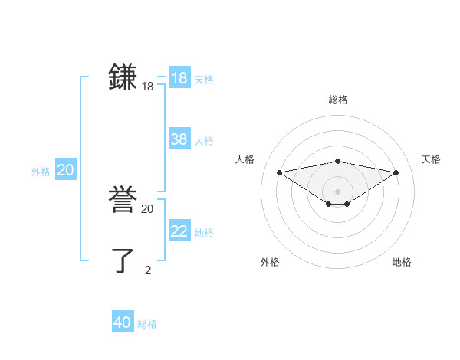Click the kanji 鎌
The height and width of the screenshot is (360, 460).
123,77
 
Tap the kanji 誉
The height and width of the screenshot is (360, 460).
123,200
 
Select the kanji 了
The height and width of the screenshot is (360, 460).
123,260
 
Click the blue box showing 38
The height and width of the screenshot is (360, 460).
179,139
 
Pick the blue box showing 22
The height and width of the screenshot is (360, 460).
179,231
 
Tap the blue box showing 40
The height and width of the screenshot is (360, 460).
123,322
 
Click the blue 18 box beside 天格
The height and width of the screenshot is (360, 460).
179,78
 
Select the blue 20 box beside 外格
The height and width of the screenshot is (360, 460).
66,170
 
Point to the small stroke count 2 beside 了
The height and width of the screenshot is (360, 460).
148,269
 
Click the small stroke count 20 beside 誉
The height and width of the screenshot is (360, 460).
148,208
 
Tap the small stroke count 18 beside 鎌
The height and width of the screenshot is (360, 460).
148,87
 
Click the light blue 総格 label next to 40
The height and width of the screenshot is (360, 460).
147,324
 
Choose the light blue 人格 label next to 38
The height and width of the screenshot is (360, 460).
204,141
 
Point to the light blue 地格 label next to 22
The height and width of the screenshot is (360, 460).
204,233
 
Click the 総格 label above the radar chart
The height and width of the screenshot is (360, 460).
338,100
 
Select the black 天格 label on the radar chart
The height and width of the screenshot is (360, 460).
431,159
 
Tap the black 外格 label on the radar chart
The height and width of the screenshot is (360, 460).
270,262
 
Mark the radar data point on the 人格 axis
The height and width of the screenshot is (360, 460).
279,172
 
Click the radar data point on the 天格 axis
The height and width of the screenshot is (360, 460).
396,172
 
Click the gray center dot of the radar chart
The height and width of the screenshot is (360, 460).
338,191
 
